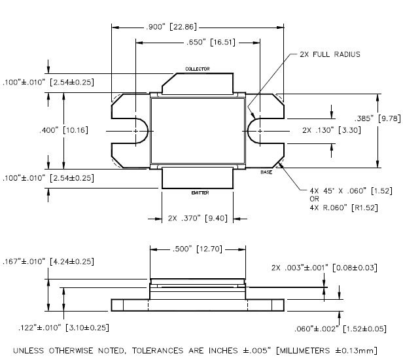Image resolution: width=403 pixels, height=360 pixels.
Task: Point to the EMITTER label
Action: pyautogui.click(x=200, y=192)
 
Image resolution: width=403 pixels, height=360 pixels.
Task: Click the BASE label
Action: pyautogui.click(x=266, y=172)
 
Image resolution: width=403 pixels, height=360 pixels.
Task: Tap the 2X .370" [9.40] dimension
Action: pyautogui.click(x=197, y=218)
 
